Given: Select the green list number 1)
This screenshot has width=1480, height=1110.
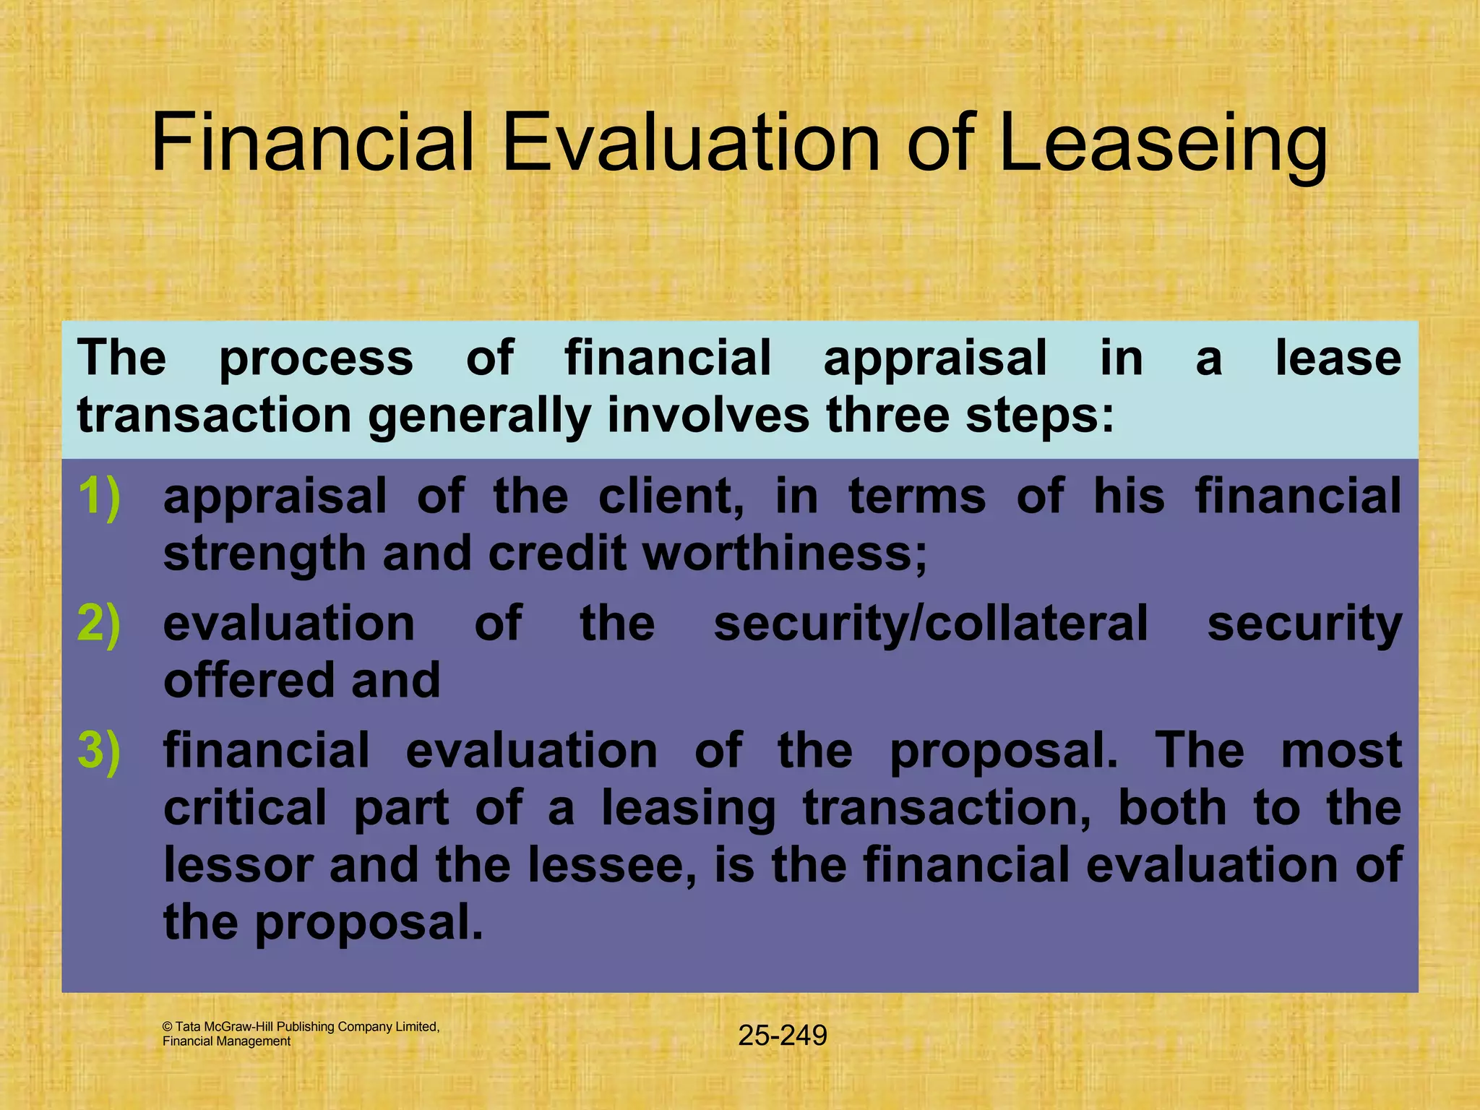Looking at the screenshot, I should click(x=100, y=496).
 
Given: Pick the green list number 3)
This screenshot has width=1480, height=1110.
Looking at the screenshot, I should click(x=100, y=750).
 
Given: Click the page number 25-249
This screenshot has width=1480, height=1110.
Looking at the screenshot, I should click(x=783, y=1036).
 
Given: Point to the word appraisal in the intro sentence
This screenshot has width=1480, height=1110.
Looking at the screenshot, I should click(x=935, y=358).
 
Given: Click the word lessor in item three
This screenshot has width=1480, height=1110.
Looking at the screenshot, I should click(x=238, y=864).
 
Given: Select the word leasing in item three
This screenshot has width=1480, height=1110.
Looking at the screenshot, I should click(x=689, y=809).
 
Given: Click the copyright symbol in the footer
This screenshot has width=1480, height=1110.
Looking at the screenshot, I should click(x=168, y=1027).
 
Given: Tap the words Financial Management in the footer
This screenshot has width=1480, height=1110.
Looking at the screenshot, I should click(x=226, y=1041).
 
